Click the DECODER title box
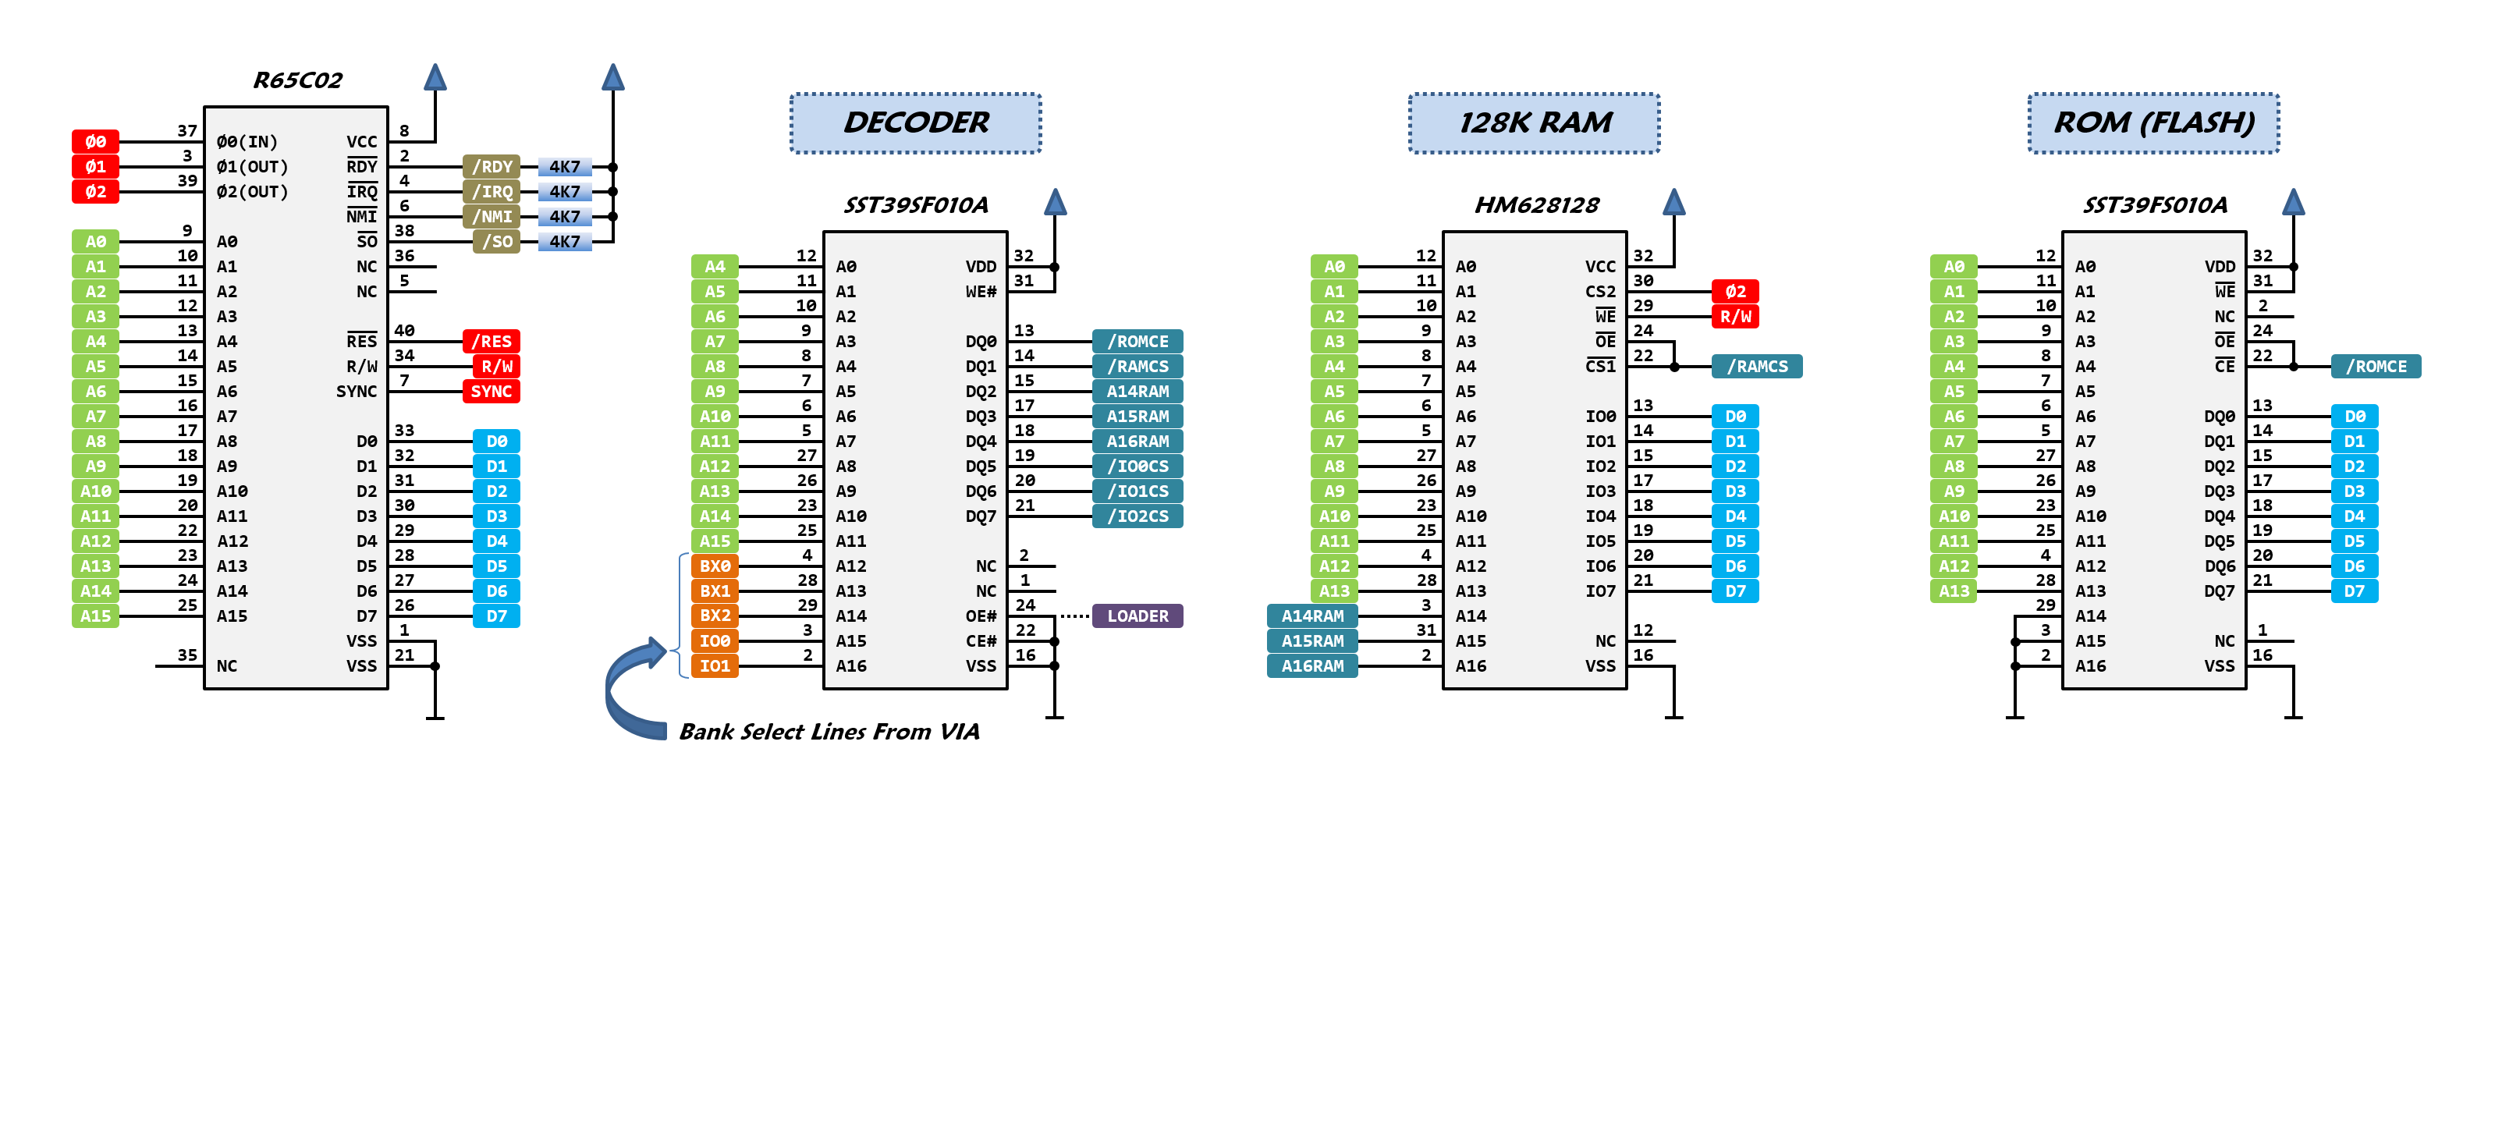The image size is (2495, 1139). (x=915, y=123)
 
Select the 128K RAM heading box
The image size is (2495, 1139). (x=1534, y=123)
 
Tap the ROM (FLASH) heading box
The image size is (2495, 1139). (x=2153, y=123)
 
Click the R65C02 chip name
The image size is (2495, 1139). (x=297, y=80)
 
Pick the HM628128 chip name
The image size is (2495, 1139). (x=1536, y=205)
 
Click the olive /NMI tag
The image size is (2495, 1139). (x=491, y=217)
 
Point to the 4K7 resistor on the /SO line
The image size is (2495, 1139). (x=565, y=242)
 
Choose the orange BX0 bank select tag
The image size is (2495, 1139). (x=715, y=566)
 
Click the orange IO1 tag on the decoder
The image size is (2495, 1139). (x=715, y=666)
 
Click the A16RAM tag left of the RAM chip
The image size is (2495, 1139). (x=1312, y=666)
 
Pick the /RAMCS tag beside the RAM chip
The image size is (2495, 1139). (x=1757, y=366)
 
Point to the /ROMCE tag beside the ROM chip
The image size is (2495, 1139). (x=2376, y=366)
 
